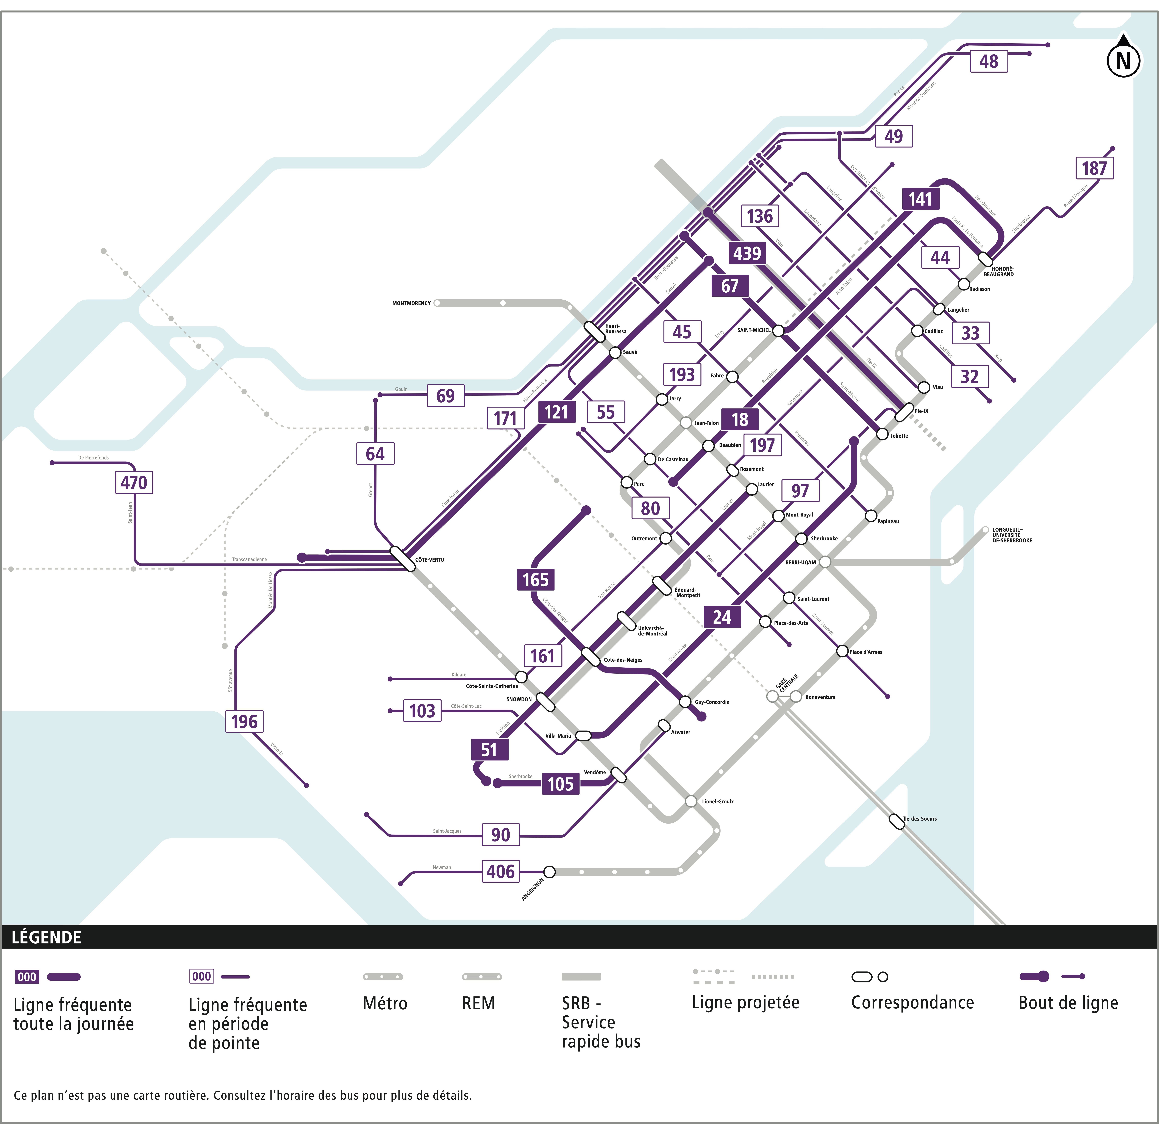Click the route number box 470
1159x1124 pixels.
134,482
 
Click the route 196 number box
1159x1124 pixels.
244,721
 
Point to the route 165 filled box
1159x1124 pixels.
535,579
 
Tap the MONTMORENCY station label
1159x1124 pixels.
412,303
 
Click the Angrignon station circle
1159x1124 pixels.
549,871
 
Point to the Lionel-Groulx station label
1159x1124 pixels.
718,802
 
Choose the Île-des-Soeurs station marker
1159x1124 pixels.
897,821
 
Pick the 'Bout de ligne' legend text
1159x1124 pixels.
1068,1003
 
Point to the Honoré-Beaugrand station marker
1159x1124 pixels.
985,259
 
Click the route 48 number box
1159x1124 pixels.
989,61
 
